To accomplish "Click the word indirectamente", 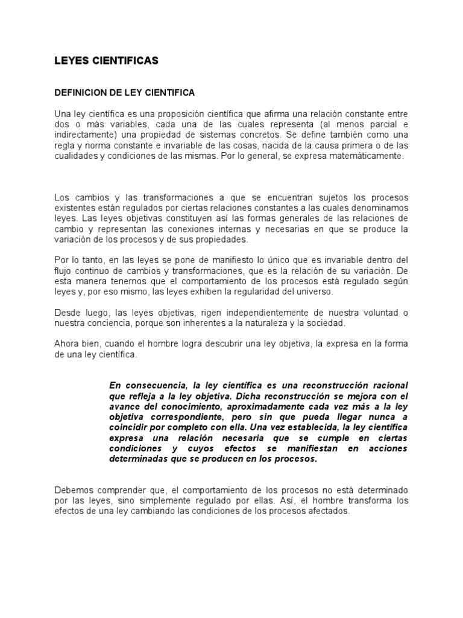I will pos(84,135).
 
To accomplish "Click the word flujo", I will pos(64,271).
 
